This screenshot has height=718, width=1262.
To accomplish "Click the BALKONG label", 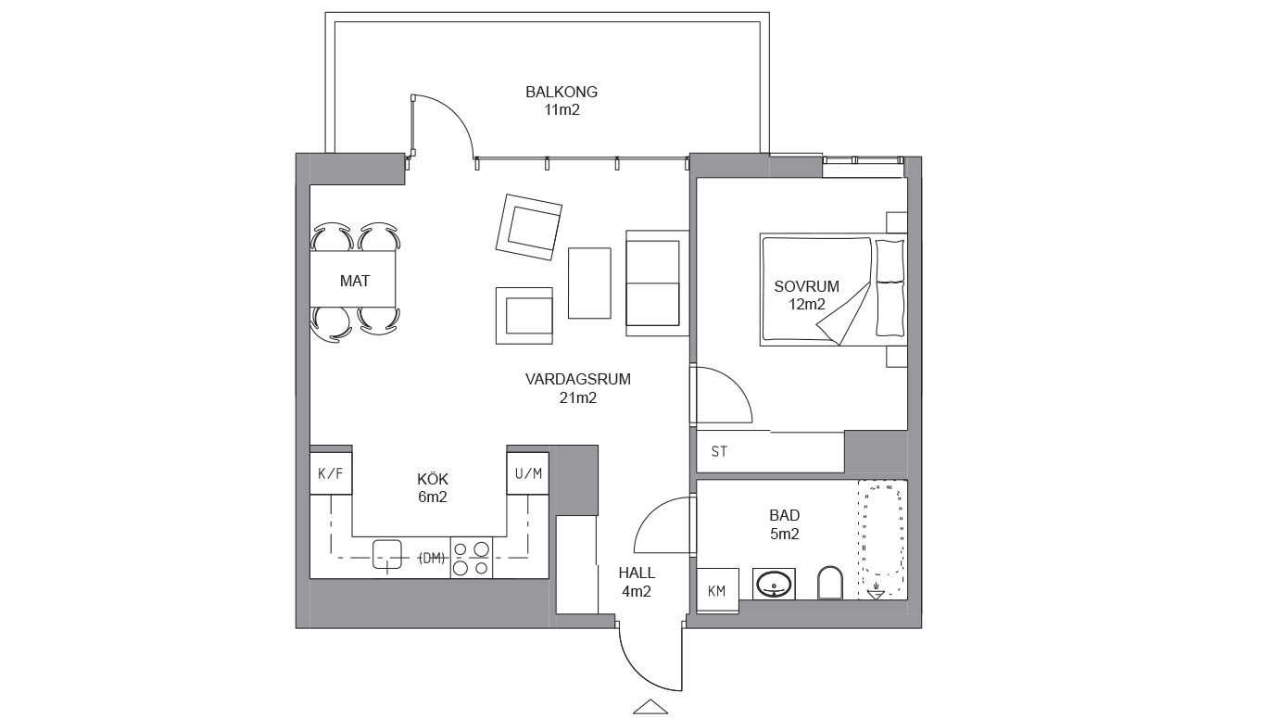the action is (562, 92).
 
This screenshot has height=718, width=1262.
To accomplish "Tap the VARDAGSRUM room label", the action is (578, 379).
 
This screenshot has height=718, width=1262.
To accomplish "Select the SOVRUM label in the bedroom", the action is (807, 286).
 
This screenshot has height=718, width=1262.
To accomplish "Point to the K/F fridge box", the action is (331, 473).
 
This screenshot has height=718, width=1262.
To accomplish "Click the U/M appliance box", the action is (528, 473).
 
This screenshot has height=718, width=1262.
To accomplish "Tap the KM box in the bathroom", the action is (717, 590).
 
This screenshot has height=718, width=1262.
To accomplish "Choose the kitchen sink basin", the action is (387, 554).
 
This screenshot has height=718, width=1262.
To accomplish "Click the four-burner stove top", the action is (471, 558).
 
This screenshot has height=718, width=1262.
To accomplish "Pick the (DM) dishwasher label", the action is (432, 558).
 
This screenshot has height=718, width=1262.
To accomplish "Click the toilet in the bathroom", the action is (830, 583).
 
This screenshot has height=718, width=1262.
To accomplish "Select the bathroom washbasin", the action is (774, 584).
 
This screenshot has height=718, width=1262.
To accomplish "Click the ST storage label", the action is (719, 451).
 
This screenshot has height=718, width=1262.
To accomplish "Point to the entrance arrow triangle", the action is (650, 706).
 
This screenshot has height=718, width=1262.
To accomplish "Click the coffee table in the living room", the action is (589, 283).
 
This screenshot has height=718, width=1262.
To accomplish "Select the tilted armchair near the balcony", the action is (528, 227).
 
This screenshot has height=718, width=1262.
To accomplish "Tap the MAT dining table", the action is (353, 279).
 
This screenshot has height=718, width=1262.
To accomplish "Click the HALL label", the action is (637, 573).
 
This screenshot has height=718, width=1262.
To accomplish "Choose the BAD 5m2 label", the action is (784, 524).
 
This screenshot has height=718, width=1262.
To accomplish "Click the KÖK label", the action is (432, 479).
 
